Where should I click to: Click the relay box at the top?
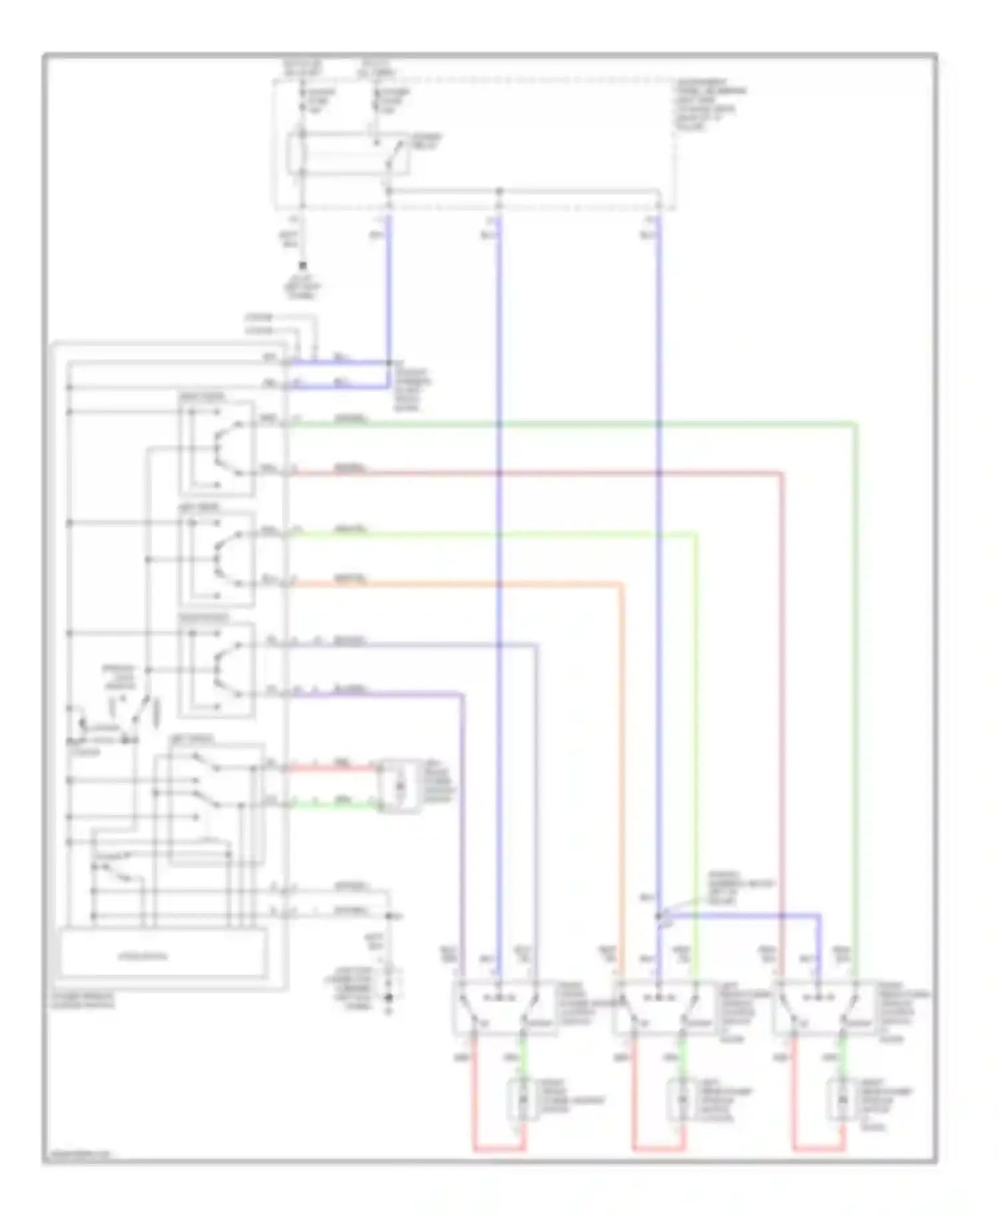pos(347,154)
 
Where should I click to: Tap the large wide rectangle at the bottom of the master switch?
pos(164,956)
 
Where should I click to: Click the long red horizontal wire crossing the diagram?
pos(532,473)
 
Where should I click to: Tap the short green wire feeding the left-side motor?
pos(333,806)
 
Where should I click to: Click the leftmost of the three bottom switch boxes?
pos(504,1007)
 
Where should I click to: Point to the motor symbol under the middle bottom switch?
pos(681,1102)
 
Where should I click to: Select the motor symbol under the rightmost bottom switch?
pos(841,1102)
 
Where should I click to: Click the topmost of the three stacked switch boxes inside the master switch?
pos(217,447)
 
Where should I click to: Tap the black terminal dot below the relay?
pos(303,264)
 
